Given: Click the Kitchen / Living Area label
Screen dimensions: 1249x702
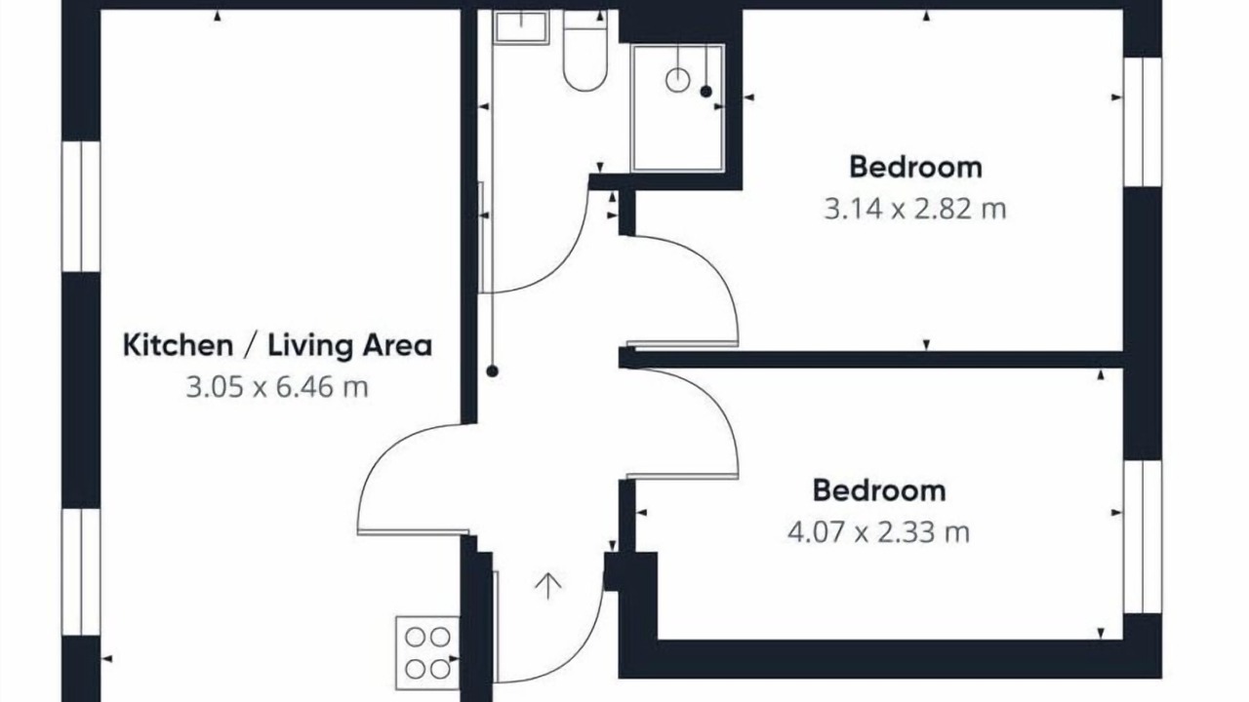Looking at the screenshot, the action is pyautogui.click(x=277, y=345).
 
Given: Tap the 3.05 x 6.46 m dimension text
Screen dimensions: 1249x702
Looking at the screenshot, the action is pyautogui.click(x=277, y=387).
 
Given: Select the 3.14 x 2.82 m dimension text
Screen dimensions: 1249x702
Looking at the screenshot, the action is pyautogui.click(x=915, y=210).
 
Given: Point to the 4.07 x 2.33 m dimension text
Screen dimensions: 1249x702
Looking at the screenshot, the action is pyautogui.click(x=879, y=532).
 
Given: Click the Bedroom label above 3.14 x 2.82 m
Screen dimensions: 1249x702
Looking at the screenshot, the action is pyautogui.click(x=915, y=167).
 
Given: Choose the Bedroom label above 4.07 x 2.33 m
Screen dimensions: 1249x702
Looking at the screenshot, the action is pyautogui.click(x=879, y=490).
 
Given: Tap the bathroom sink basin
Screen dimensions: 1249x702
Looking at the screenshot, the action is pyautogui.click(x=521, y=26).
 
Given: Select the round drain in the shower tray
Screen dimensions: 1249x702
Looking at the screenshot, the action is pyautogui.click(x=678, y=80).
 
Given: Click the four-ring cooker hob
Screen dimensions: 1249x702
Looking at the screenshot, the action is pyautogui.click(x=427, y=653).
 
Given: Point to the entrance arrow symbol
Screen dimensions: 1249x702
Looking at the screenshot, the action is pyautogui.click(x=548, y=586).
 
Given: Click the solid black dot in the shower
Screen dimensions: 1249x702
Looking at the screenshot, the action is pyautogui.click(x=705, y=92).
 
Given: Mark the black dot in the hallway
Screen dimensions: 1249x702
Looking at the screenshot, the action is pyautogui.click(x=492, y=371).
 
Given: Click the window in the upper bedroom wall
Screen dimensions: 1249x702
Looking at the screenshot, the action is pyautogui.click(x=1143, y=122).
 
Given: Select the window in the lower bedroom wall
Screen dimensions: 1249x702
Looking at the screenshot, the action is pyautogui.click(x=1143, y=537).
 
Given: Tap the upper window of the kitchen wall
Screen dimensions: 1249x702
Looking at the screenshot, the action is pyautogui.click(x=81, y=207).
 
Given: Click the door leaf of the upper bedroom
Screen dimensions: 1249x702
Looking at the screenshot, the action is pyautogui.click(x=682, y=343).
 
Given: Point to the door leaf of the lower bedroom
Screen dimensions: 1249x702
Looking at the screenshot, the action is pyautogui.click(x=682, y=476).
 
